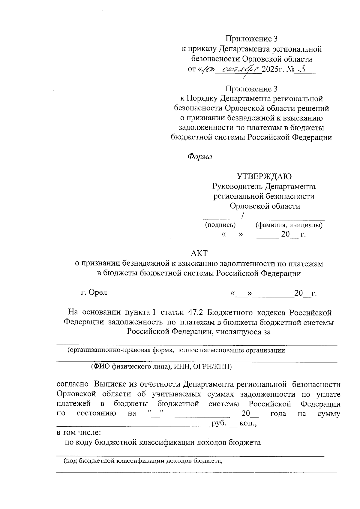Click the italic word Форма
coord(199,157)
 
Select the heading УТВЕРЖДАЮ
coord(264,176)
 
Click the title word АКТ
coord(199,253)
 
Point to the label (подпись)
coord(220,224)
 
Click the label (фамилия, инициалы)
coord(289,225)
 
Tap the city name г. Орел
coord(94,292)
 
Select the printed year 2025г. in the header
coord(273,69)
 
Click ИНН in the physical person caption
coord(181,367)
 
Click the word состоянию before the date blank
coord(97,414)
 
